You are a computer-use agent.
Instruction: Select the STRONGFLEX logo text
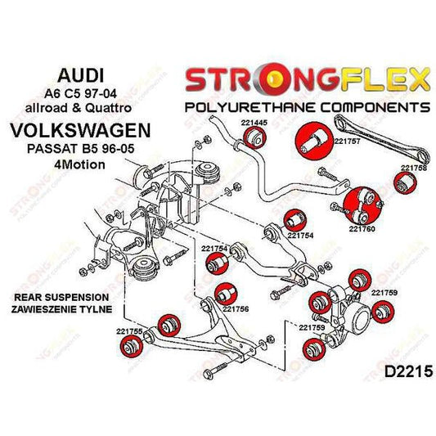(306, 79)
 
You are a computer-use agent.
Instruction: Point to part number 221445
(254, 122)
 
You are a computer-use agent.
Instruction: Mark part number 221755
(130, 331)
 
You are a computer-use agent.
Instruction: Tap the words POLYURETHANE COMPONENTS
(306, 106)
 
